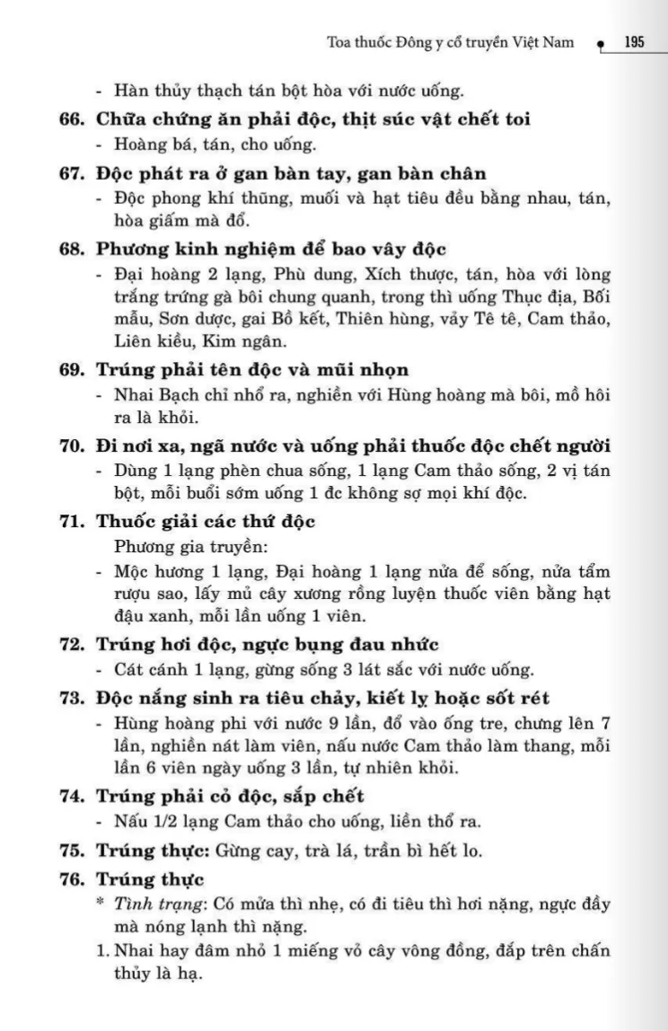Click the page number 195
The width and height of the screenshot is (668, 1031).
(635, 41)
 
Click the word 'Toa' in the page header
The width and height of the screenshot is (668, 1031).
(341, 41)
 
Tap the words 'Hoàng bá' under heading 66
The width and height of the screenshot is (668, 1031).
(148, 144)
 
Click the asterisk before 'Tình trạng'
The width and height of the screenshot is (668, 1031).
(100, 903)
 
